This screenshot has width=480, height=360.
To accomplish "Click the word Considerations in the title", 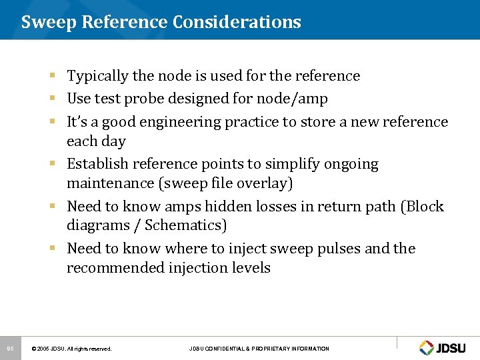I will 237,22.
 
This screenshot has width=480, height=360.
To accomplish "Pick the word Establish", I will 97,164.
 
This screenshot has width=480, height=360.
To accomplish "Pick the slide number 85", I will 10,348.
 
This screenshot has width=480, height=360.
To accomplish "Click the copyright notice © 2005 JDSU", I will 71,349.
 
